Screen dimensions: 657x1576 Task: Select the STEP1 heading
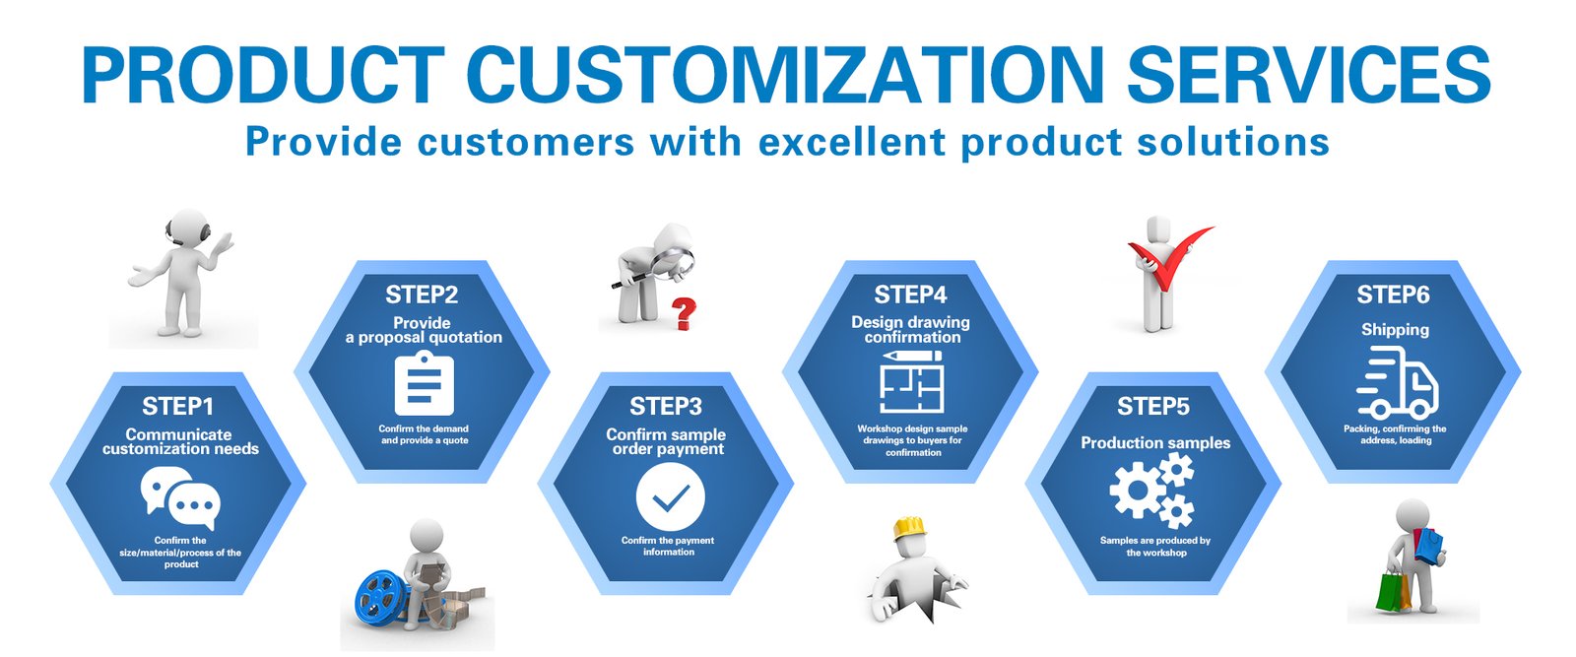pyautogui.click(x=177, y=406)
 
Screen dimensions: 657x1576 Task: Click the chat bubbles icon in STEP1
pyautogui.click(x=179, y=498)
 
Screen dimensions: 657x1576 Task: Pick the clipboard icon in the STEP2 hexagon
pyautogui.click(x=424, y=384)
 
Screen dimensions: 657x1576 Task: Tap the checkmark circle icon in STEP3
pyautogui.click(x=670, y=498)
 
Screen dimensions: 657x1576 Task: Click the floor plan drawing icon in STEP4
pyautogui.click(x=911, y=383)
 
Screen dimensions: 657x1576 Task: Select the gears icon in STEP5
pyautogui.click(x=1151, y=491)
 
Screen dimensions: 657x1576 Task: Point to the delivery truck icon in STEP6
pyautogui.click(x=1396, y=385)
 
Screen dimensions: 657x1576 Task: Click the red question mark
pyautogui.click(x=683, y=315)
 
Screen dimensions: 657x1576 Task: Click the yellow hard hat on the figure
pyautogui.click(x=910, y=529)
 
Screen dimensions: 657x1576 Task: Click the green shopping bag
pyautogui.click(x=1391, y=591)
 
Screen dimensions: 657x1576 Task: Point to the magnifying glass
pyautogui.click(x=673, y=261)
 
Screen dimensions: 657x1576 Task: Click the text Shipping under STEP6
pyautogui.click(x=1395, y=330)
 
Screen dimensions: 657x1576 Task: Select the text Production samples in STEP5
pyautogui.click(x=1154, y=443)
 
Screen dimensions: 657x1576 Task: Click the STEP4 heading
pyautogui.click(x=910, y=295)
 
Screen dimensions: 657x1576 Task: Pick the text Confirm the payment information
pyautogui.click(x=668, y=547)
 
